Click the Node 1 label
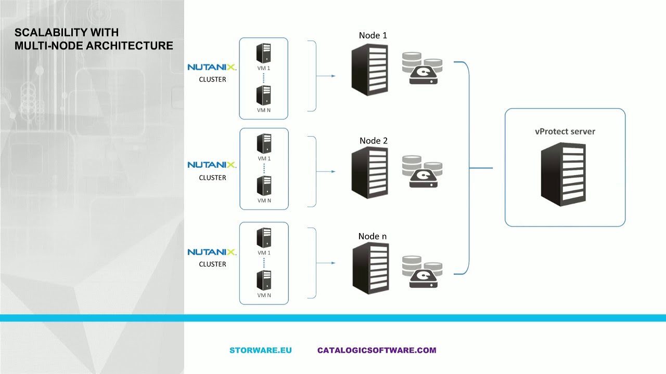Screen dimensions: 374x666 click(x=373, y=35)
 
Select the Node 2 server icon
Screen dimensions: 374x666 click(x=369, y=172)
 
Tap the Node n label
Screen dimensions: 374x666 click(x=373, y=236)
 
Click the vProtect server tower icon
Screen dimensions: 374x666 click(x=563, y=174)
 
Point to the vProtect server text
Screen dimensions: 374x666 click(x=565, y=131)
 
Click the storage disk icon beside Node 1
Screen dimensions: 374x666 click(x=422, y=69)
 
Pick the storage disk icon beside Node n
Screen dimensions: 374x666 click(x=422, y=272)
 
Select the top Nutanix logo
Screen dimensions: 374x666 click(x=212, y=68)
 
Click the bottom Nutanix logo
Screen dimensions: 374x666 click(x=212, y=252)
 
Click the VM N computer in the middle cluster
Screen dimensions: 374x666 click(x=264, y=185)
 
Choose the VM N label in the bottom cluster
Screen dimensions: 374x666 click(x=264, y=295)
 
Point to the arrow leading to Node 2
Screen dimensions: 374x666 click(x=326, y=171)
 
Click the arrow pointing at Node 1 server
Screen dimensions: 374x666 click(x=326, y=76)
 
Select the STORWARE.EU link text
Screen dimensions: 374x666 click(x=261, y=350)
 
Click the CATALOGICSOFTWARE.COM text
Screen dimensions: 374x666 click(x=377, y=350)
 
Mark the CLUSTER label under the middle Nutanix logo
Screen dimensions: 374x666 click(x=212, y=178)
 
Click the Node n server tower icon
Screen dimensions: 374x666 click(x=370, y=268)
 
